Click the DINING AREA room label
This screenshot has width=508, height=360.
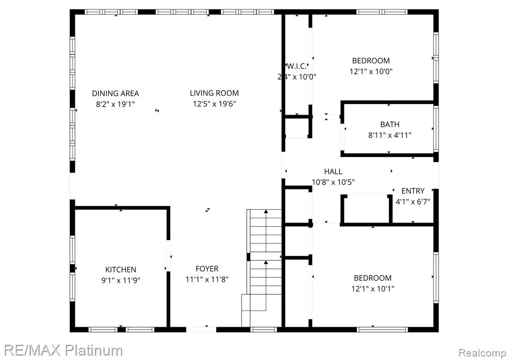[x=116, y=94]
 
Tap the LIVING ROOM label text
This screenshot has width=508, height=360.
[x=214, y=93]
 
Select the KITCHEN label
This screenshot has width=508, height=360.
[x=121, y=270]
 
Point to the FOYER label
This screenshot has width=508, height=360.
[x=207, y=269]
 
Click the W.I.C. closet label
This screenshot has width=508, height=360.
[x=297, y=66]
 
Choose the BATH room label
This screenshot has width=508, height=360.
[x=390, y=124]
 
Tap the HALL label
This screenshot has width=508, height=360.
[x=333, y=172]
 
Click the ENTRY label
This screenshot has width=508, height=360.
[x=413, y=191]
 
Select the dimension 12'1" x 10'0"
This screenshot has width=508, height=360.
[x=371, y=71]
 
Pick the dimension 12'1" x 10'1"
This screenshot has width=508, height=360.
[x=373, y=289]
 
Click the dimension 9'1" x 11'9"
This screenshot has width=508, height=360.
[x=121, y=280]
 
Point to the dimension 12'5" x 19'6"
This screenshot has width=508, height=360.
[x=214, y=104]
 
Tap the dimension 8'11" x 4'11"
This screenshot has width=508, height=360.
[x=390, y=135]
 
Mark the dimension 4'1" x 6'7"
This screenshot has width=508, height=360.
[x=413, y=202]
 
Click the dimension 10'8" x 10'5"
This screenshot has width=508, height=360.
[x=333, y=182]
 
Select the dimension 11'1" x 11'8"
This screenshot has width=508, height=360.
[x=207, y=279]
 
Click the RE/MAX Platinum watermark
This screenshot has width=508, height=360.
[x=63, y=350]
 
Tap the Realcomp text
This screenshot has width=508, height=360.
[x=482, y=353]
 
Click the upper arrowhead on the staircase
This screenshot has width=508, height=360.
[x=266, y=211]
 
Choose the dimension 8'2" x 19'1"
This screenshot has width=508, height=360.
[x=115, y=104]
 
